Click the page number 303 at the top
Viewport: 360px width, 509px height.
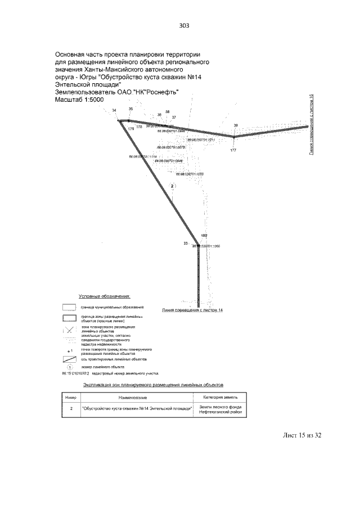coord(184,25)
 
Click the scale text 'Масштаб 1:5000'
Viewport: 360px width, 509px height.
coord(79,100)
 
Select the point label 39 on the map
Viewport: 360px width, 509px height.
coord(236,125)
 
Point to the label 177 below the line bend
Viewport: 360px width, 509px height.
coord(233,150)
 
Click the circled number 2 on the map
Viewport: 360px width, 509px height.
coord(173,186)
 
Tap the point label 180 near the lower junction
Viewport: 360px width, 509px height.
coord(204,235)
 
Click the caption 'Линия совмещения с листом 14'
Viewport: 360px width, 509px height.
coord(192,310)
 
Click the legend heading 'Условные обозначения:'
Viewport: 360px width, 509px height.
coord(105,295)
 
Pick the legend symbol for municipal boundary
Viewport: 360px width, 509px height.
coord(69,308)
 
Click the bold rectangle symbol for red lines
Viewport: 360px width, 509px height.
coord(69,319)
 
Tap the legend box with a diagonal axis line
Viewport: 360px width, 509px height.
coord(69,358)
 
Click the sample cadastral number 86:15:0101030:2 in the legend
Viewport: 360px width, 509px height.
coord(71,373)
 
